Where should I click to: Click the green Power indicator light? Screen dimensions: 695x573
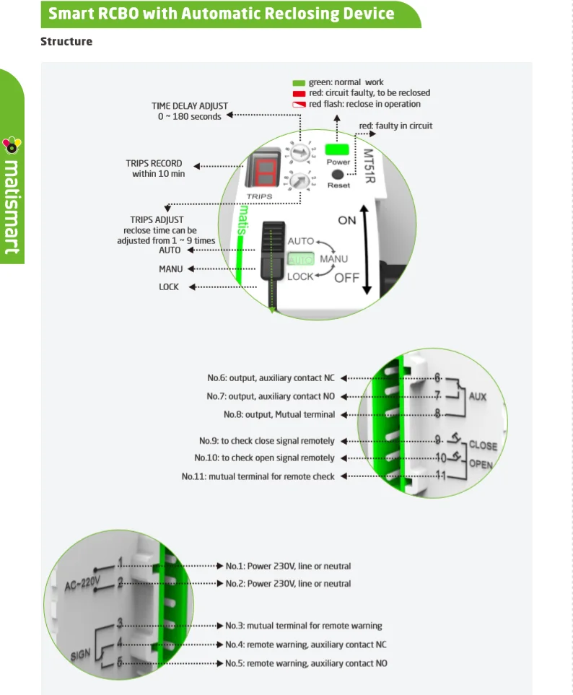click(338, 150)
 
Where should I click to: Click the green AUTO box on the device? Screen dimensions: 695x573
click(301, 258)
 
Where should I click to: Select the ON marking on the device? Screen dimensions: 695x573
click(346, 220)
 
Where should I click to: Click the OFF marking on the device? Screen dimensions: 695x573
click(346, 277)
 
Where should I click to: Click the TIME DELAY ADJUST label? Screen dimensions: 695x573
click(190, 106)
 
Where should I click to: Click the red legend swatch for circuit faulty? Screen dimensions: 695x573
click(298, 93)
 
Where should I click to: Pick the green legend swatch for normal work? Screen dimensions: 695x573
click(298, 82)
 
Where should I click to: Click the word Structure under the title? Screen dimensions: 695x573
click(66, 41)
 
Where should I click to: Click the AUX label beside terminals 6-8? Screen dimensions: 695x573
click(478, 396)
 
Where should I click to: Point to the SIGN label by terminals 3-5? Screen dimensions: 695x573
click(82, 655)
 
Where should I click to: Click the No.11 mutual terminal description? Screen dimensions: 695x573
click(258, 477)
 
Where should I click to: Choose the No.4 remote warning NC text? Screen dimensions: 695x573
click(305, 644)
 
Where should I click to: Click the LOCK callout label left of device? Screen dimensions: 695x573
click(169, 287)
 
